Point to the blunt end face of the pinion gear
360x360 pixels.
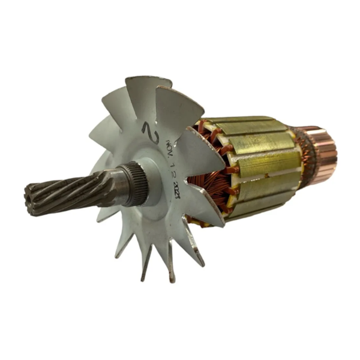29,199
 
